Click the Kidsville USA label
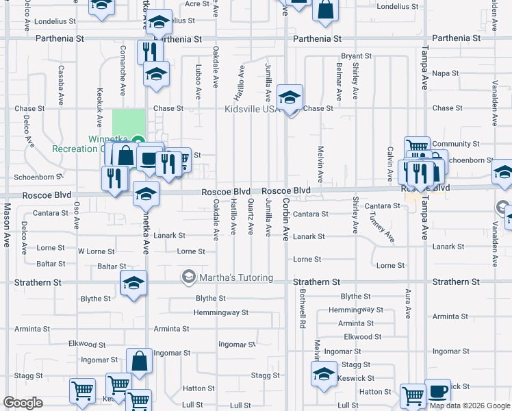point(251,109)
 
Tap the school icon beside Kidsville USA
point(290,99)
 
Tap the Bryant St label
point(356,56)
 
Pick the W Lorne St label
point(97,251)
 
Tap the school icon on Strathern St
point(133,283)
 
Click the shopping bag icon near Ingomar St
point(140,362)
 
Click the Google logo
point(23,403)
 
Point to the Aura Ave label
point(408,303)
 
